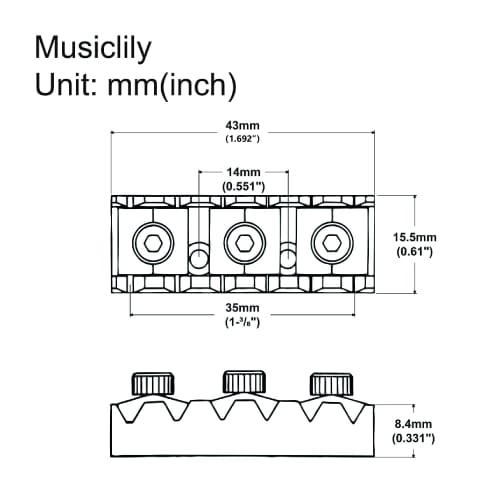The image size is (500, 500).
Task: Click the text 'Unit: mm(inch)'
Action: (135, 86)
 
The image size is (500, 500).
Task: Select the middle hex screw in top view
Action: (243, 241)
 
